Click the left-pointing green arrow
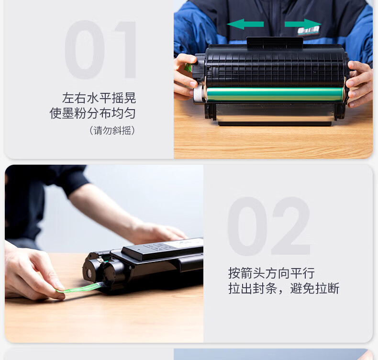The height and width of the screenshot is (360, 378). pyautogui.click(x=245, y=24)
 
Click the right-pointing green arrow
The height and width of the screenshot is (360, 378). pyautogui.click(x=303, y=24)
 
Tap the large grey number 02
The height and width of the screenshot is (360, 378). pyautogui.click(x=269, y=226)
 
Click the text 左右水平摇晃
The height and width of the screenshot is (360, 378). pyautogui.click(x=99, y=98)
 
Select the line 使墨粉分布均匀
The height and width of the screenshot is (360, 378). pyautogui.click(x=92, y=113)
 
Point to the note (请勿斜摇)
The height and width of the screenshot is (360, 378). pyautogui.click(x=112, y=130)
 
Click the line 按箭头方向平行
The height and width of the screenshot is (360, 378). pyautogui.click(x=271, y=273)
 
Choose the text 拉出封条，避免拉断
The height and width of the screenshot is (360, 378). pyautogui.click(x=284, y=288)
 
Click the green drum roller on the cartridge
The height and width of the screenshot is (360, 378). pyautogui.click(x=275, y=94)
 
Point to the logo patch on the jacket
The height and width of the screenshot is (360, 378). pyautogui.click(x=309, y=31)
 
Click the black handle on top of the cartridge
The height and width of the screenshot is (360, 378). pyautogui.click(x=275, y=43)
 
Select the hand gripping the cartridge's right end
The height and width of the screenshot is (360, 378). pyautogui.click(x=359, y=83)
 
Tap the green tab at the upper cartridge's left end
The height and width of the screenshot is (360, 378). pyautogui.click(x=188, y=67)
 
